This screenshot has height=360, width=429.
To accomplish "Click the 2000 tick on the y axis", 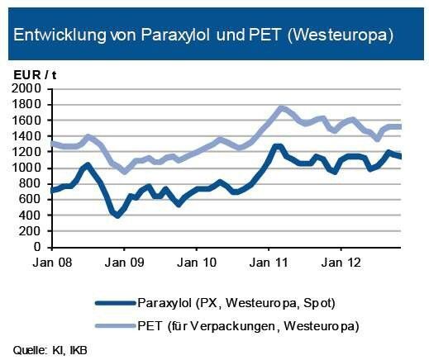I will point(28,88).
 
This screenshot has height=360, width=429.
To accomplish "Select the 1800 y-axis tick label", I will point(28,104).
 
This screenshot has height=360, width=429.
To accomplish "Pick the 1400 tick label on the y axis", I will point(28,136).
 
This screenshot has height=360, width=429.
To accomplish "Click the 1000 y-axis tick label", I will point(28,168).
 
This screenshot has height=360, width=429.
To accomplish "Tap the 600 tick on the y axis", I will point(32,200).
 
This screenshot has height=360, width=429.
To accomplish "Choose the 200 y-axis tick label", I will point(32,231).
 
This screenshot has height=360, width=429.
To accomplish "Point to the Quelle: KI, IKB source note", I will point(50,350).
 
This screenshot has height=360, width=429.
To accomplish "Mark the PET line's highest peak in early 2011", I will point(283,107).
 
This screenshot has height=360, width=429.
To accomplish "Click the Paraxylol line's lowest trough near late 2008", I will point(117,216).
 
